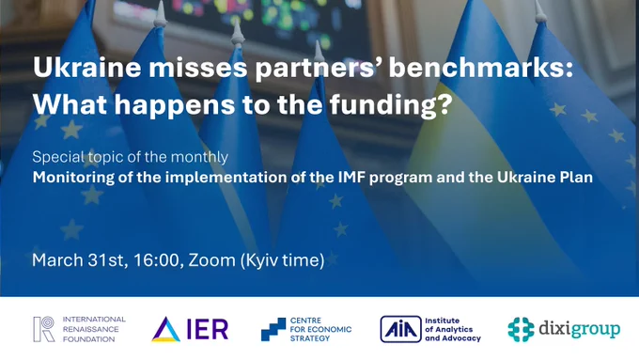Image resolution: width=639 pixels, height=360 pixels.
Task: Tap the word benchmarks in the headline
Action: (481, 67)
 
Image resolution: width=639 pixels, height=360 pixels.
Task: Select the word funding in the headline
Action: (391, 104)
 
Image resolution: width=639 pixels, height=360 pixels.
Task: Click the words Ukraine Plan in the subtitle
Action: (545, 178)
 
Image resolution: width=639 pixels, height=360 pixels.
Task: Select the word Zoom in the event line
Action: (212, 260)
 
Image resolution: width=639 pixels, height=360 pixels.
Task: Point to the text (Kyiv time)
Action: (283, 260)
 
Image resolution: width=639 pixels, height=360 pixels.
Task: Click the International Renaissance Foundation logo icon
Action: (44, 329)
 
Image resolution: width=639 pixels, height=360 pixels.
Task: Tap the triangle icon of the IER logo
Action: (166, 329)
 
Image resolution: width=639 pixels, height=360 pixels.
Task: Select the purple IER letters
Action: (208, 329)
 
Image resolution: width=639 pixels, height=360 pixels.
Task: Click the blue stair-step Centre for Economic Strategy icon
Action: (273, 329)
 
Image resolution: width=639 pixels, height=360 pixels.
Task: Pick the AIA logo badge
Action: (400, 329)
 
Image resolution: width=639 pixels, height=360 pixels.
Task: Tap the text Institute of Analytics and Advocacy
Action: (453, 329)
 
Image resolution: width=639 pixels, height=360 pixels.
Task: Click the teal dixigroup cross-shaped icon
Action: (521, 329)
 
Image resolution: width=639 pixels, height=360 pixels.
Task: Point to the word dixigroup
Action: (580, 329)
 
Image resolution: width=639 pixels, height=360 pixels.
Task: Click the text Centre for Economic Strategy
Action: (320, 329)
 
